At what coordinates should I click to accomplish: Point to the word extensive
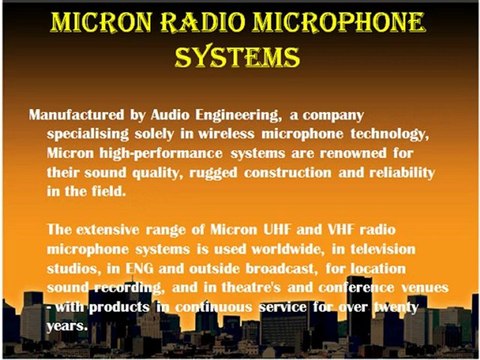click(x=117, y=230)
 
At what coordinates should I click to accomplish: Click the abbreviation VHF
click(x=343, y=230)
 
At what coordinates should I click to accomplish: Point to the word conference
click(x=346, y=287)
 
